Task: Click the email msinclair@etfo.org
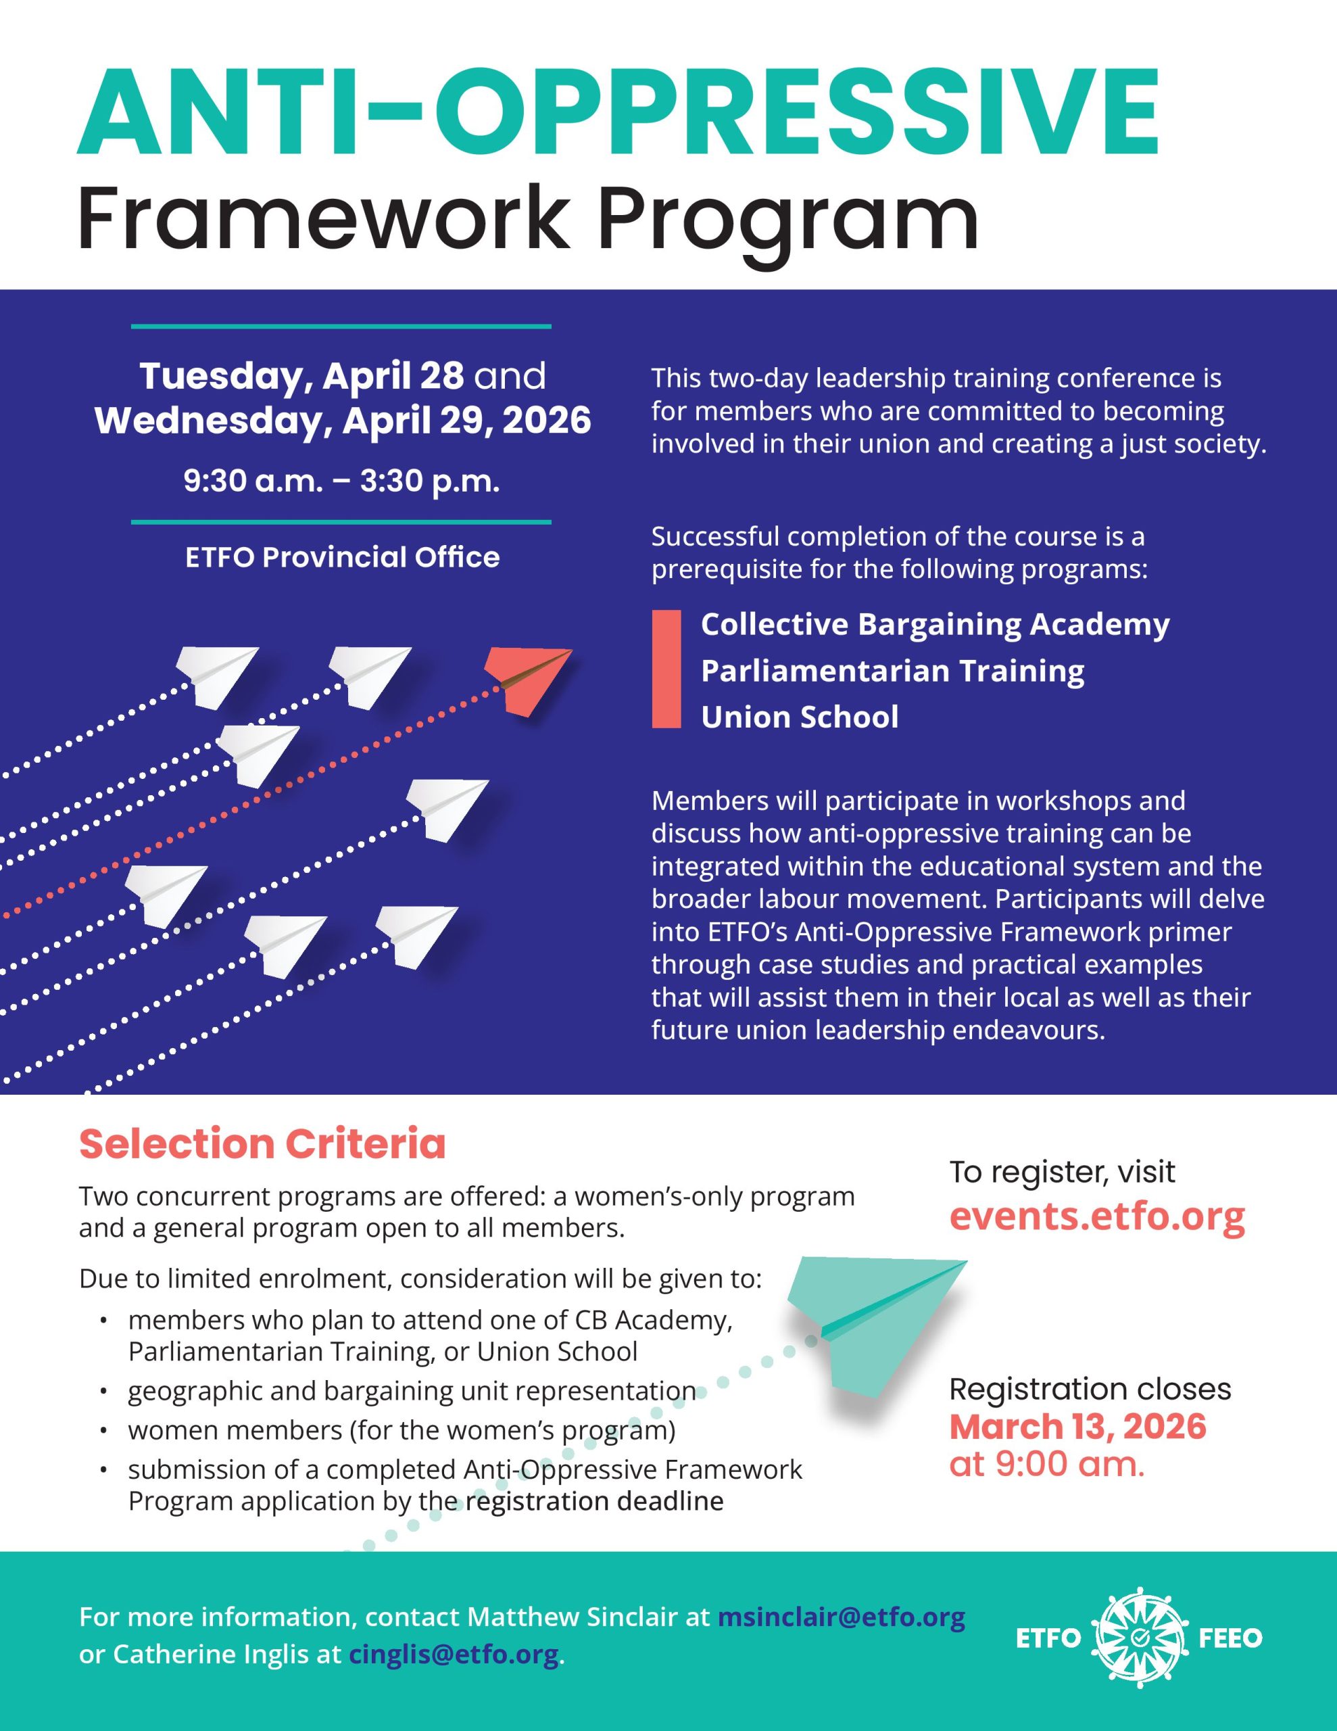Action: point(841,1616)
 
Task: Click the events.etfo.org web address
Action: point(1097,1215)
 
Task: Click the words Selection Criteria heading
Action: point(262,1143)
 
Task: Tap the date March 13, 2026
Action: point(1077,1426)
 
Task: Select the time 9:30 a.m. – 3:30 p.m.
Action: point(341,481)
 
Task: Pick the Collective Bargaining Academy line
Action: point(934,625)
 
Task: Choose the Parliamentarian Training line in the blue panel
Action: point(892,671)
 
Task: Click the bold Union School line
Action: point(800,717)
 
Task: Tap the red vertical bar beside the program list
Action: point(666,669)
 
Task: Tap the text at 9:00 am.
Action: point(1047,1464)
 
